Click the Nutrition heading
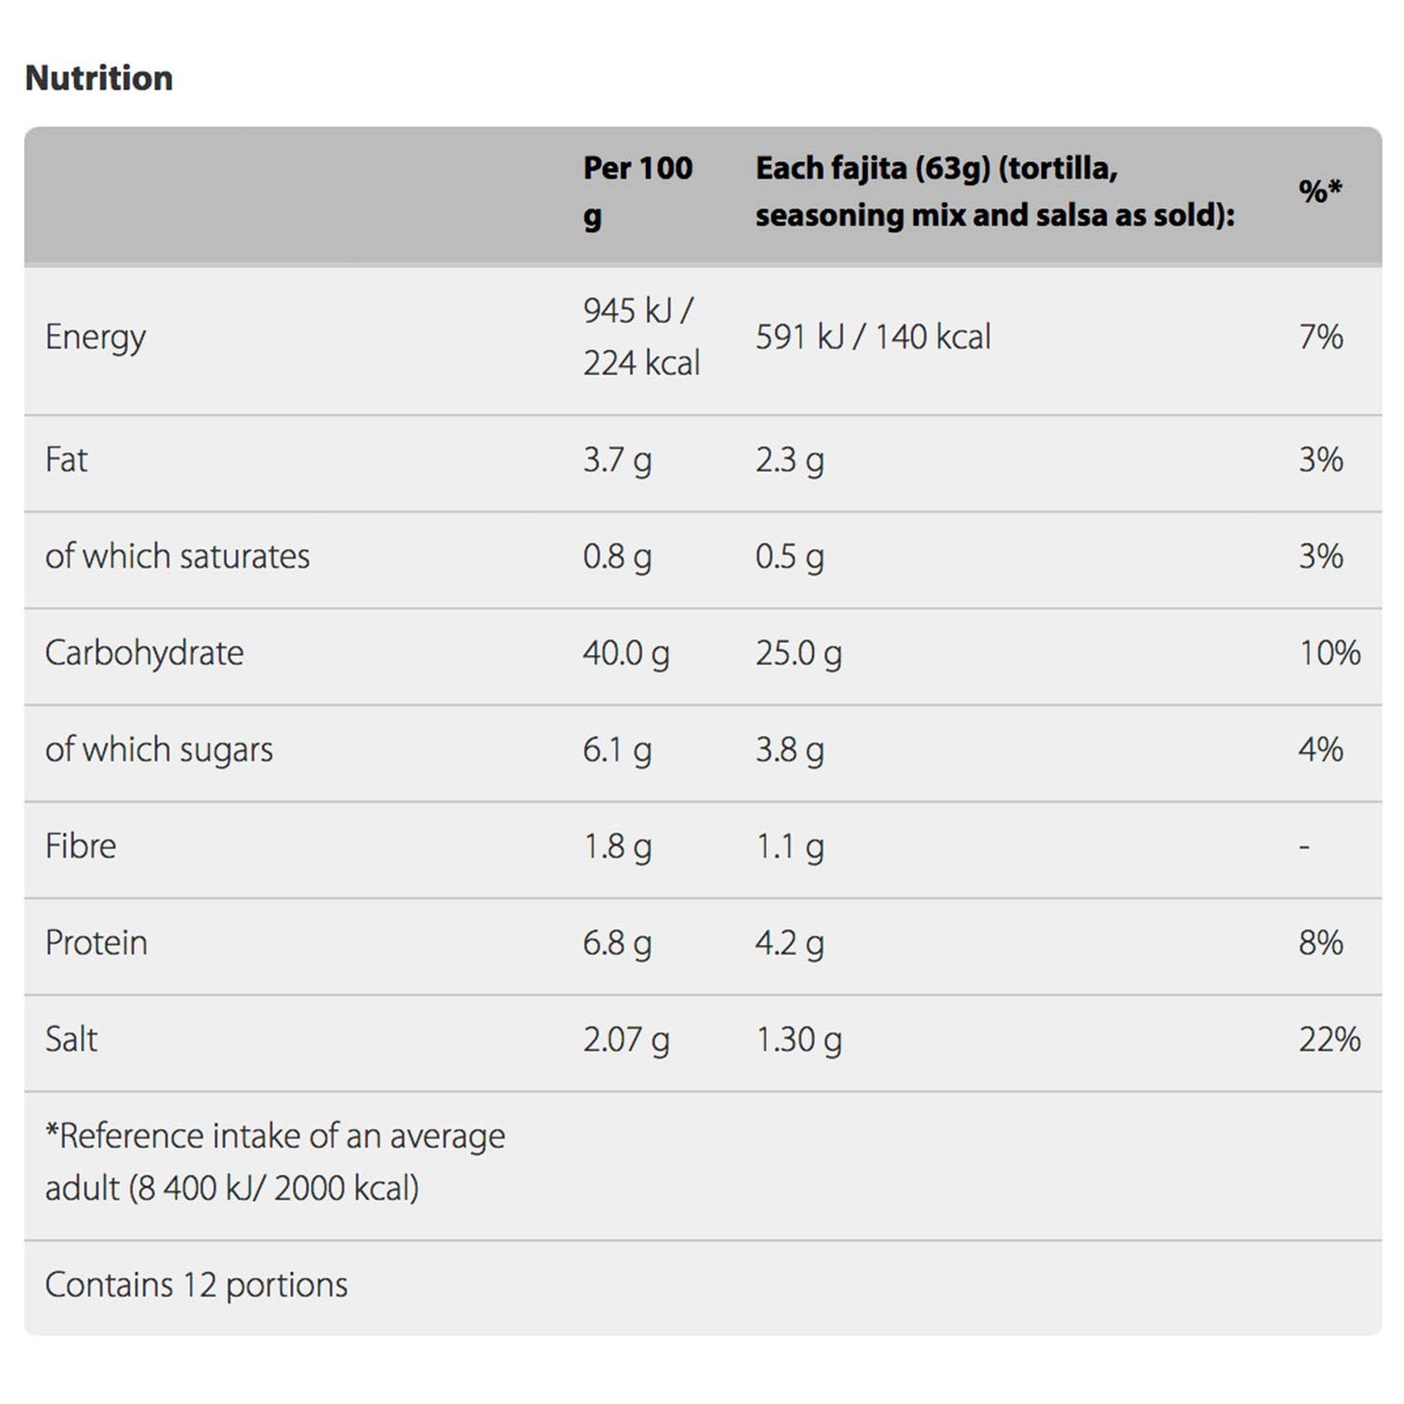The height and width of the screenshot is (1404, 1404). pyautogui.click(x=99, y=78)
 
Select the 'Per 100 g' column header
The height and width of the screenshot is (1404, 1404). pyautogui.click(x=637, y=191)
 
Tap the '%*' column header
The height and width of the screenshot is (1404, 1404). pyautogui.click(x=1319, y=190)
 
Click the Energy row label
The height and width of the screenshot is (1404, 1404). pyautogui.click(x=95, y=337)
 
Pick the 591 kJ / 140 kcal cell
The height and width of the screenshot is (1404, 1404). pyautogui.click(x=873, y=336)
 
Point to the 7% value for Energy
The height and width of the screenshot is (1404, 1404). pyautogui.click(x=1320, y=336)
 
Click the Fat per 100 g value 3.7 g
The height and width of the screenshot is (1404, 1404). pyautogui.click(x=617, y=461)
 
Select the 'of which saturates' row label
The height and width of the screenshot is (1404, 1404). pyautogui.click(x=177, y=556)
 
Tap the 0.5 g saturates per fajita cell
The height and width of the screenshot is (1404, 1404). pyautogui.click(x=790, y=558)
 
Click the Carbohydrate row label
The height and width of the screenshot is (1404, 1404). pyautogui.click(x=144, y=654)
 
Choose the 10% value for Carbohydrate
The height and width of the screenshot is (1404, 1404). pyautogui.click(x=1330, y=653)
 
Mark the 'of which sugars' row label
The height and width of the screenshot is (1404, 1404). pyautogui.click(x=158, y=750)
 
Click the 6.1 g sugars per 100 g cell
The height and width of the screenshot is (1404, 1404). pyautogui.click(x=617, y=750)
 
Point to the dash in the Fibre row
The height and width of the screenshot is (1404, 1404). pyautogui.click(x=1304, y=846)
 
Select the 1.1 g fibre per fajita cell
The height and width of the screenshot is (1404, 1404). pyautogui.click(x=790, y=847)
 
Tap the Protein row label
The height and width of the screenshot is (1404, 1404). pyautogui.click(x=96, y=942)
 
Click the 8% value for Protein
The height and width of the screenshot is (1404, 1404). pyautogui.click(x=1320, y=942)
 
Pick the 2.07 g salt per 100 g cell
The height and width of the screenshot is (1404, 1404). pyautogui.click(x=626, y=1041)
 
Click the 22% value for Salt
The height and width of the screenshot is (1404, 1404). pyautogui.click(x=1330, y=1040)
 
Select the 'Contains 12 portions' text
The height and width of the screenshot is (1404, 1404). pyautogui.click(x=196, y=1285)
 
